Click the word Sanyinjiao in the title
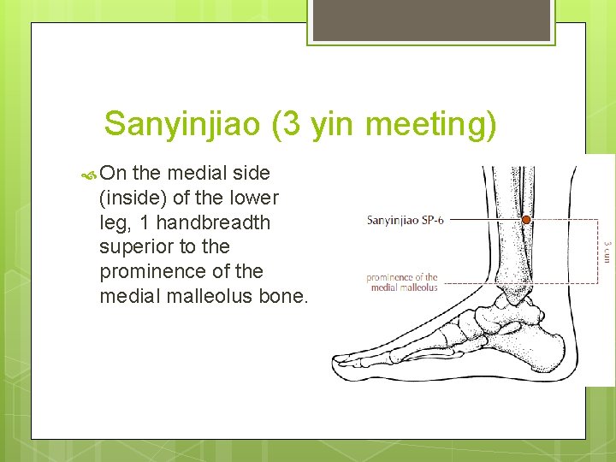(x=181, y=125)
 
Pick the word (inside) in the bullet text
(x=133, y=198)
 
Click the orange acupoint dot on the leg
(x=527, y=220)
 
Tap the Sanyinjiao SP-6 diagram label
(x=405, y=221)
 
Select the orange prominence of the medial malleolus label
(x=401, y=282)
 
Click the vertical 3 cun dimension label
(x=607, y=252)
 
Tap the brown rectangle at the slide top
(x=431, y=20)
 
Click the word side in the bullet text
(x=252, y=174)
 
